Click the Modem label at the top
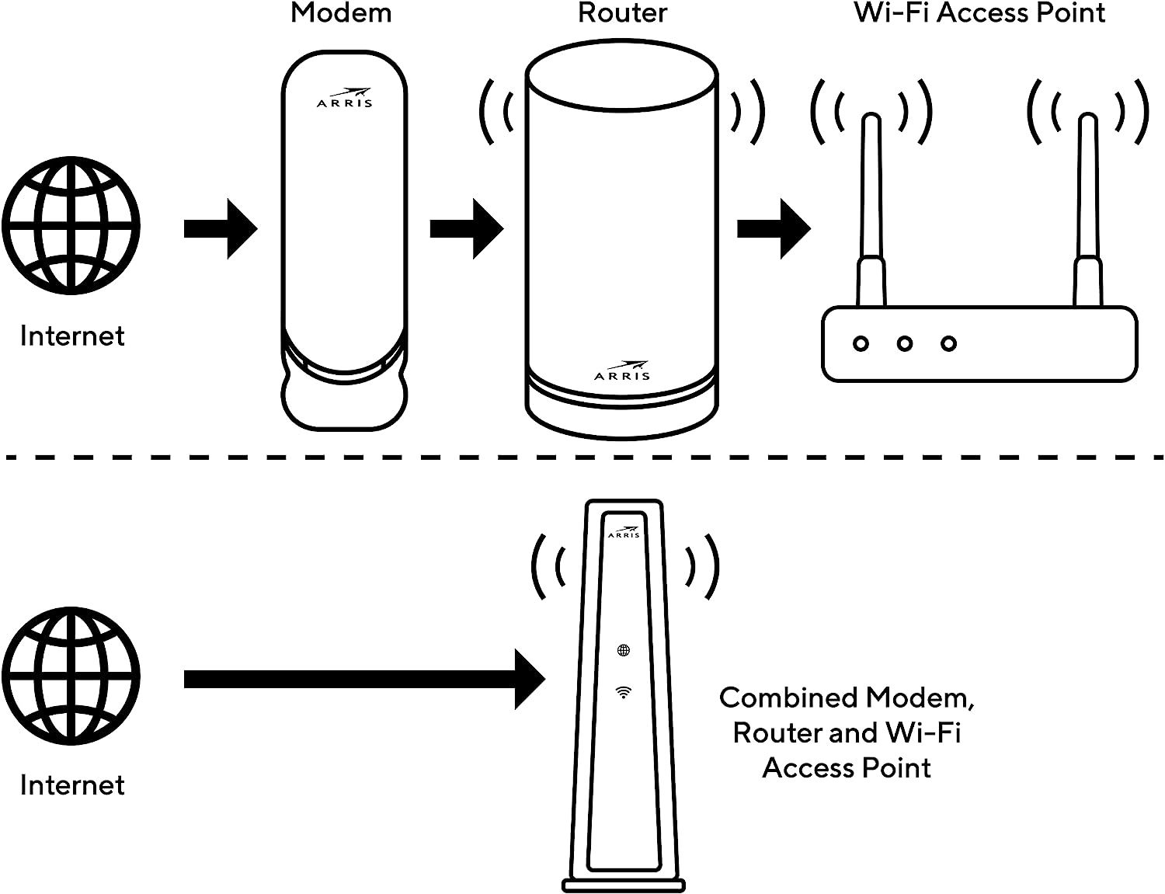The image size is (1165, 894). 341,13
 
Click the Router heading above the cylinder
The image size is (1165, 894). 622,13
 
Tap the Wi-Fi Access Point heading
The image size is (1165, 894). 979,13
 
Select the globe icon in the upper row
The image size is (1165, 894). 71,226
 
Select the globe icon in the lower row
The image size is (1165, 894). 71,676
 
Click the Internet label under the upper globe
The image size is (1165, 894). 72,336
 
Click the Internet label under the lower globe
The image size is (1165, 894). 72,785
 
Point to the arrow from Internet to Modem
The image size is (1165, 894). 221,229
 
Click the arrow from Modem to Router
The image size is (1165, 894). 467,229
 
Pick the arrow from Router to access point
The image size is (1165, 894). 774,229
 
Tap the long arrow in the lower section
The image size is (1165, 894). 364,679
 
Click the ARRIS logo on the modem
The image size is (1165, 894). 344,98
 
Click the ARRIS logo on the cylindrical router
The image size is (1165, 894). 622,370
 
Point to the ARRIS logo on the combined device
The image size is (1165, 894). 624,532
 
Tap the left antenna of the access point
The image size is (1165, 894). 871,209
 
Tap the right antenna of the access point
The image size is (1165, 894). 1088,209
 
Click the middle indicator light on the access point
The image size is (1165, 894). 905,343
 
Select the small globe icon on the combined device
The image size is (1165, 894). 623,650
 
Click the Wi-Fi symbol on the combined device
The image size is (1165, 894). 623,693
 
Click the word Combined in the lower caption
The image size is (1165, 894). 788,697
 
